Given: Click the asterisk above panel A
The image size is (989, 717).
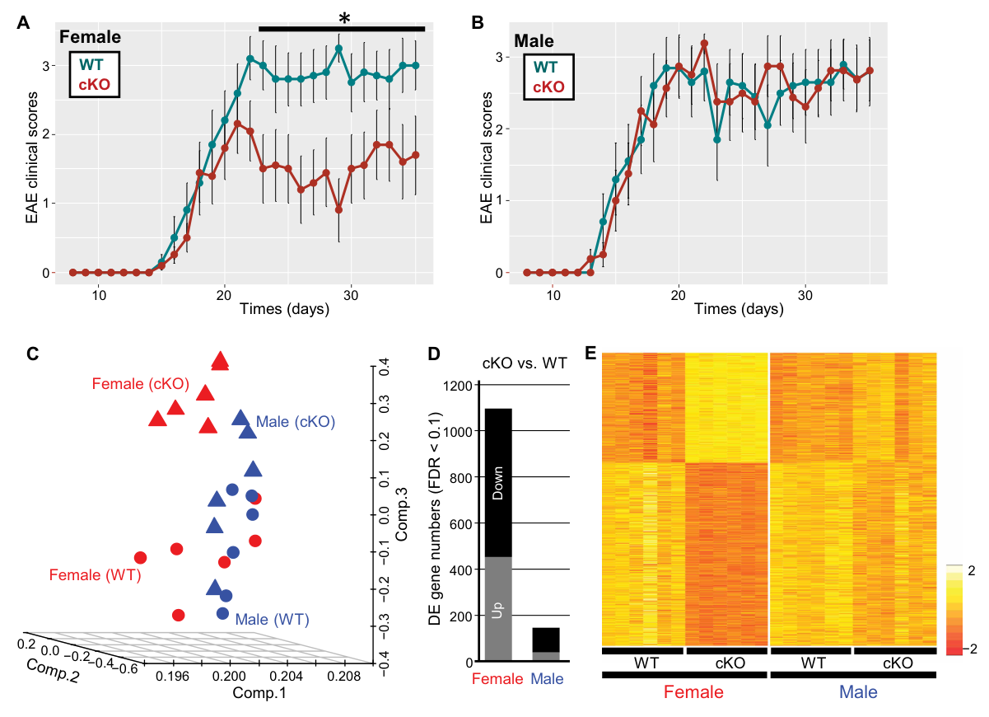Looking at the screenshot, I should pyautogui.click(x=344, y=18).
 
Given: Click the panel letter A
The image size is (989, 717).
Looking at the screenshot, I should pyautogui.click(x=24, y=24).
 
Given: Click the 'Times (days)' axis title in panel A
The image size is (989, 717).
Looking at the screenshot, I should pyautogui.click(x=284, y=310).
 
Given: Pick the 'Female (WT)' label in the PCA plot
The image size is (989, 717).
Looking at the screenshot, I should pyautogui.click(x=96, y=574).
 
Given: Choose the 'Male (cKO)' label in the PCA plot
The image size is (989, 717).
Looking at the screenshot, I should pyautogui.click(x=295, y=421).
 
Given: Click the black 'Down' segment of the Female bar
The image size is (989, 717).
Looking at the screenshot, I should pyautogui.click(x=498, y=482).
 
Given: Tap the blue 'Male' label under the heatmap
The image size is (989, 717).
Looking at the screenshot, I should pyautogui.click(x=852, y=692).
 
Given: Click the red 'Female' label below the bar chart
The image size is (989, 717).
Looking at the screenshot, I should pyautogui.click(x=497, y=679).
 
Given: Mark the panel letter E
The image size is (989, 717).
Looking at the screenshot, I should pyautogui.click(x=590, y=354).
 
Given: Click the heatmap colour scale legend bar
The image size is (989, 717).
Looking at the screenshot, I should pyautogui.click(x=954, y=609).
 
